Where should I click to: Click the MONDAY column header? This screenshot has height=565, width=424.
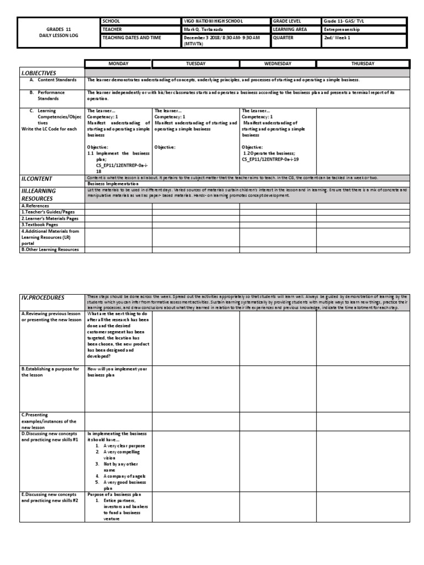click(118, 64)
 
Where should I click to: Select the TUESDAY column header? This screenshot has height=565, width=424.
click(195, 64)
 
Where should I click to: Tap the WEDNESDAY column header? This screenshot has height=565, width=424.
click(278, 64)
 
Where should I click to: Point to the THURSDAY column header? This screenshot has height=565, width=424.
click(363, 64)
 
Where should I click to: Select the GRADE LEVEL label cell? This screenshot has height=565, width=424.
click(286, 21)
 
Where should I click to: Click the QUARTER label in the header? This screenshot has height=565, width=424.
click(283, 38)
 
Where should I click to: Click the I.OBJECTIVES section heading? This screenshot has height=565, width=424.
click(39, 73)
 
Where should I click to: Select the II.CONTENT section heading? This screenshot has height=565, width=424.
click(37, 179)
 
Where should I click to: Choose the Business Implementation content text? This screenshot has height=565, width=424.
click(113, 184)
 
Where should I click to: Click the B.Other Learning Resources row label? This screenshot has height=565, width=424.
click(50, 249)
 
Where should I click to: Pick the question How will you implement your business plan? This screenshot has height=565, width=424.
click(116, 371)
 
